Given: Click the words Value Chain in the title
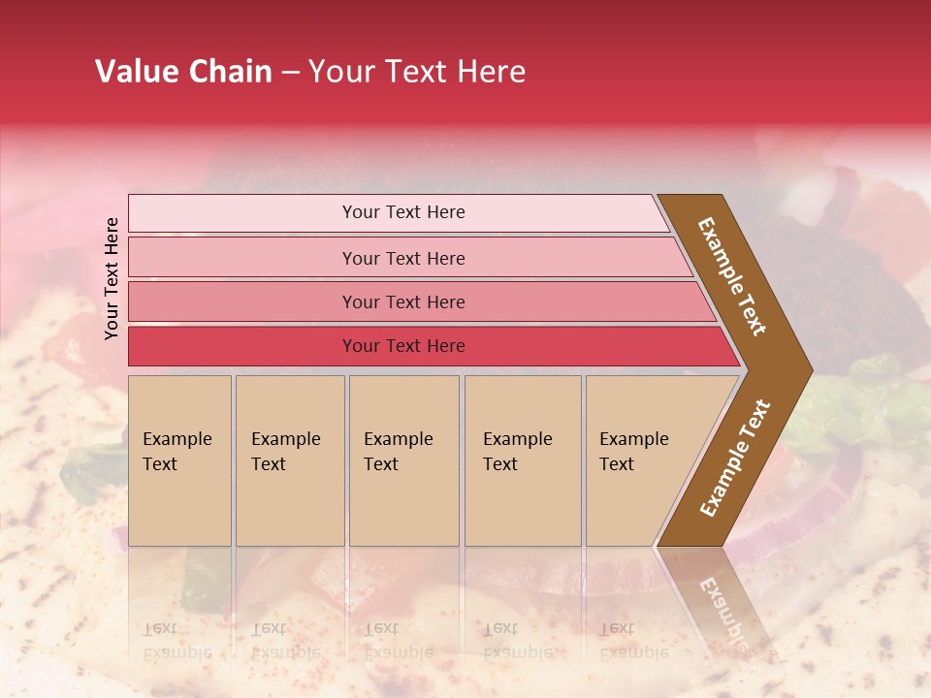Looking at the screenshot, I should click(183, 72).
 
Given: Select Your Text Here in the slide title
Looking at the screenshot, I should click(417, 72).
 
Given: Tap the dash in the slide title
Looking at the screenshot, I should click(290, 73).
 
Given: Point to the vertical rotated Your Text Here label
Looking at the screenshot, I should click(112, 278).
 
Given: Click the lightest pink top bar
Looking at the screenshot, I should click(242, 213).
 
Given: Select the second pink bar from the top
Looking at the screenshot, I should click(242, 258).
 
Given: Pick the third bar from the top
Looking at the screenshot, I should click(242, 301).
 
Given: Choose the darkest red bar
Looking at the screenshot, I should click(242, 346).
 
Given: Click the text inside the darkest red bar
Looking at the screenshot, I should click(403, 346).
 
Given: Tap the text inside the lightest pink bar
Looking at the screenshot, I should click(403, 212).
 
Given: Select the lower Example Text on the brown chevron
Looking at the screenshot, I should click(735, 459).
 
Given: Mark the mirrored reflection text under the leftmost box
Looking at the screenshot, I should click(177, 641).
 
